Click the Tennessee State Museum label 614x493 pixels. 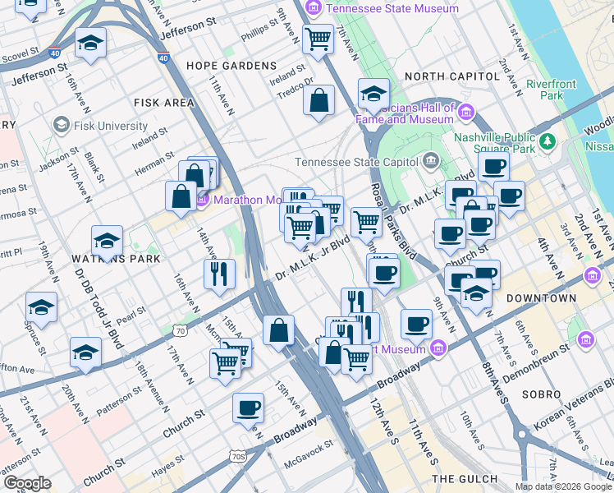[392, 8]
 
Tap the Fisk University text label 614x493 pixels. [109, 127]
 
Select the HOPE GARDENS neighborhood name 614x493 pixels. [231, 65]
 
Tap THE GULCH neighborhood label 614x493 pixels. [465, 479]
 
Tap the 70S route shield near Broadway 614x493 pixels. [238, 455]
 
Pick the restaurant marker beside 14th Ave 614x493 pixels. [219, 274]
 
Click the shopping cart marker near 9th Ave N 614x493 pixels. [317, 38]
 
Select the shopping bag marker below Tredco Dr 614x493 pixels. [318, 101]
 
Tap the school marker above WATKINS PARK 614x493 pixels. [107, 241]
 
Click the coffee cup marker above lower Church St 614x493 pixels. [248, 408]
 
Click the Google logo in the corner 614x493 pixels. [27, 483]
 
